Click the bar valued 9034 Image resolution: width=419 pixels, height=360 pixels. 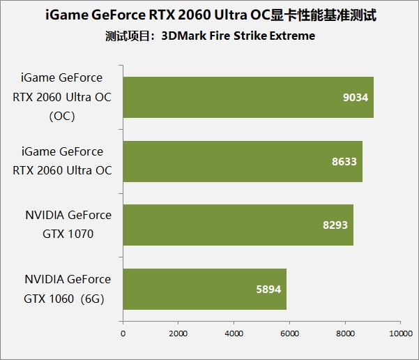tap(248, 97)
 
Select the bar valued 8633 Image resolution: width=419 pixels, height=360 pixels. tap(243, 161)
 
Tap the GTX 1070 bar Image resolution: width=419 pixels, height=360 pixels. tap(238, 225)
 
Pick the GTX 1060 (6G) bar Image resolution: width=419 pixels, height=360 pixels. tap(204, 289)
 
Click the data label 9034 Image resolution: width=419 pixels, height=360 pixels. tap(356, 98)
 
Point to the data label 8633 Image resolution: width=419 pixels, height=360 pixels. tap(344, 161)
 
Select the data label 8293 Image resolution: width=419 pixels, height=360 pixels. tap(335, 225)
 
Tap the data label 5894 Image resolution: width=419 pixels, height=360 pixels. tap(268, 289)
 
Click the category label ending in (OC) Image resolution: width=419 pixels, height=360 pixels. tap(62, 97)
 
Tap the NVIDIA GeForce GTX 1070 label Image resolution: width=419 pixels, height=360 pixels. tap(67, 225)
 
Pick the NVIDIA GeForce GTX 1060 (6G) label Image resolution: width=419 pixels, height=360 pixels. tap(67, 288)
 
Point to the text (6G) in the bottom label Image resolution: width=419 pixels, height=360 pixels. tap(97, 298)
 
